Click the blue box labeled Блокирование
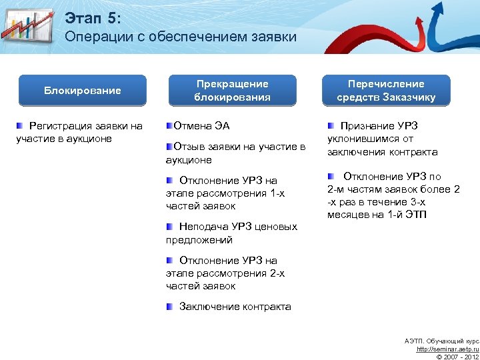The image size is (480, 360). coord(83,91)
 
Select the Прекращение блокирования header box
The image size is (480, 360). coord(232,91)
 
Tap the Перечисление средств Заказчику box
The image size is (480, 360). coord(386,91)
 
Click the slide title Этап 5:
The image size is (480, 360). coord(93,17)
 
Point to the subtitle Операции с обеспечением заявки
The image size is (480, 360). coord(181,37)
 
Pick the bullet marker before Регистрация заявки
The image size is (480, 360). coord(21,126)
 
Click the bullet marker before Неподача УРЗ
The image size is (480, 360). coord(170,227)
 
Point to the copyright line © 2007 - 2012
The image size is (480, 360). coord(457,357)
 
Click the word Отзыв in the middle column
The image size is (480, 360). coord(187,147)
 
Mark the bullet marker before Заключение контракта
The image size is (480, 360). coord(170,307)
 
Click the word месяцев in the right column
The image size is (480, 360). coord(347,215)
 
